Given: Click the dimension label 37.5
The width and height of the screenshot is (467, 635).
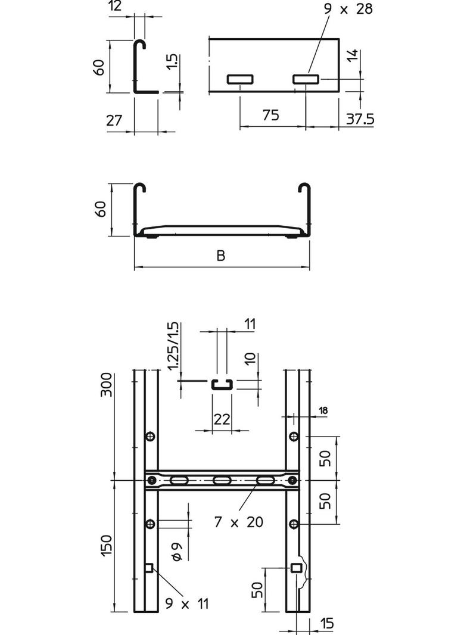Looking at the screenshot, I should click(360, 119).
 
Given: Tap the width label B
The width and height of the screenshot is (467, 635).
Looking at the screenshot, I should click(221, 256).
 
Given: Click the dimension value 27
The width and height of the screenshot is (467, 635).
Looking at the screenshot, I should click(114, 120).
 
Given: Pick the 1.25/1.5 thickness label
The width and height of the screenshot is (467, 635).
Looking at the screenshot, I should click(173, 346).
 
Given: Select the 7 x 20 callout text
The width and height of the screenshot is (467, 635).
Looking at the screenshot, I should click(239, 522).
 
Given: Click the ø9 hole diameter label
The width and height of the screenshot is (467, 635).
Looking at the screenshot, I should click(177, 552).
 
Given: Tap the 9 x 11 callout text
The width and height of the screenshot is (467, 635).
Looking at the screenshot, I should click(187, 604).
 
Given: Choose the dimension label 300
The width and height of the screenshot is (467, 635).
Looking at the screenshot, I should click(105, 387).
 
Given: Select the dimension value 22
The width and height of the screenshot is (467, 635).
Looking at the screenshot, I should click(222, 419).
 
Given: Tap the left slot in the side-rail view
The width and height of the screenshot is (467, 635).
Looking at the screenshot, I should click(239, 79).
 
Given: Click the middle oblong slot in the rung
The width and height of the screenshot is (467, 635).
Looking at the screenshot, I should click(221, 480).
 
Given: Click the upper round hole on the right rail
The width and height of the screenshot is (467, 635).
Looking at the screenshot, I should click(294, 437).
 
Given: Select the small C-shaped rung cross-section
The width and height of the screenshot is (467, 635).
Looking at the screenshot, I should click(221, 384).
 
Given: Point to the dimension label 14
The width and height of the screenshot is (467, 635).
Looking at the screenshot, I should click(353, 56).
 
